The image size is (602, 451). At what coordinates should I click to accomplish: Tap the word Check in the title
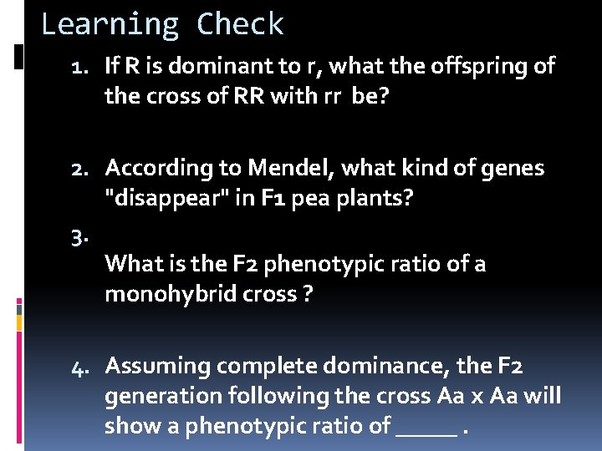click(241, 24)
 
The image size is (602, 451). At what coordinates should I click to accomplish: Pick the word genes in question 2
click(511, 169)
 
